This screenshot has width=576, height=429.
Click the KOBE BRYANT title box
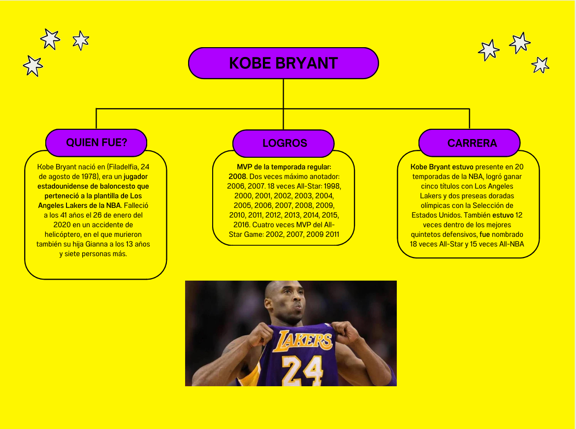click(283, 63)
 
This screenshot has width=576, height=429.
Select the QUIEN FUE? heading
click(96, 143)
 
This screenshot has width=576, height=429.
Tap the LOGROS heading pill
click(284, 143)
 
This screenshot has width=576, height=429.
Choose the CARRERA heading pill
click(470, 143)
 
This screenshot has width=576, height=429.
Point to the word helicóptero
click(63, 235)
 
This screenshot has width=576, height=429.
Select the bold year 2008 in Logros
click(237, 176)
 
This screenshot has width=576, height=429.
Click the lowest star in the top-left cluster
click(33, 66)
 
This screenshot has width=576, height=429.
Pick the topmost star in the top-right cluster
click(520, 43)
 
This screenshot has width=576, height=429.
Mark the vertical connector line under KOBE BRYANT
click(283, 104)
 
